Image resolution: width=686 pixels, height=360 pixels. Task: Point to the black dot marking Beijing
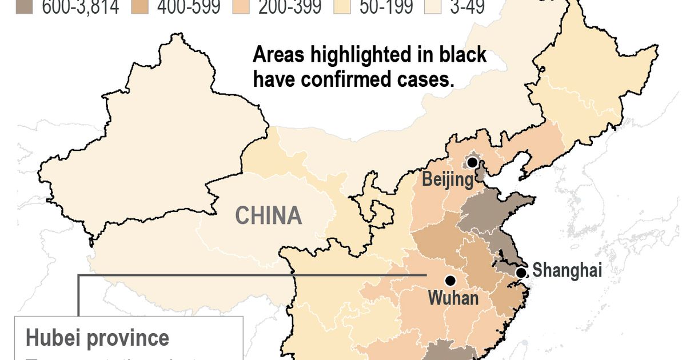pos(472,163)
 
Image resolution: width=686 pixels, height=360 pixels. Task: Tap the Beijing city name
pos(448,181)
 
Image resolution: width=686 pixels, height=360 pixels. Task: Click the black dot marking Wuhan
pos(450,281)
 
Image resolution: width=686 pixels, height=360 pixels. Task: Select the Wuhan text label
pos(452,298)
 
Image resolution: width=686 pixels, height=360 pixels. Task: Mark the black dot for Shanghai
pos(521,273)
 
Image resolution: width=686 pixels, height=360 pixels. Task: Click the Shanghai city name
pos(567,270)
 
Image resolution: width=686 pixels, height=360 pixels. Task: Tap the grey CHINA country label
pos(269,216)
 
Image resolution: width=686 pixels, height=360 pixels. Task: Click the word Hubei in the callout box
pos(53,338)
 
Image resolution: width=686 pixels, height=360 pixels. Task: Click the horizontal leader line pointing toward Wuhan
pos(252,275)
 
